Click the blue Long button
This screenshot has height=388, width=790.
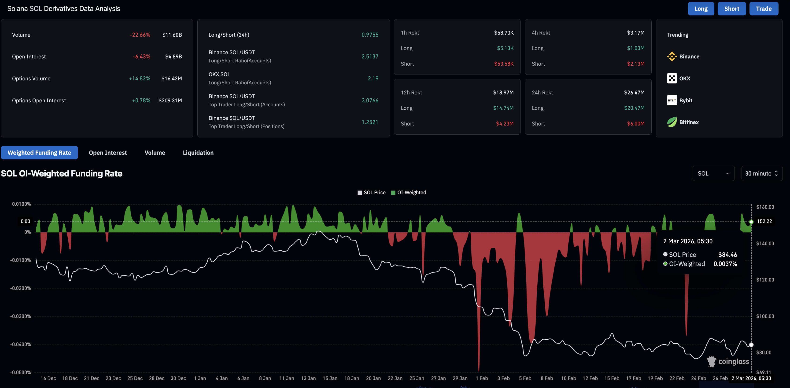[701, 9]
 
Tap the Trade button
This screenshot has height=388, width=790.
[764, 9]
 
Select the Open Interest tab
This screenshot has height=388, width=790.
[108, 152]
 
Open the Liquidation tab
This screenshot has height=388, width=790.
[198, 152]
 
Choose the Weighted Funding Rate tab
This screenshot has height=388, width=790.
[39, 152]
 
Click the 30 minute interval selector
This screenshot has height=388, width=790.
[761, 173]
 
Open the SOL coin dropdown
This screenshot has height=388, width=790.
[713, 173]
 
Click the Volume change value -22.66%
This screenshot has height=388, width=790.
[140, 35]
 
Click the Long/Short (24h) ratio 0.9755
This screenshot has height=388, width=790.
[370, 35]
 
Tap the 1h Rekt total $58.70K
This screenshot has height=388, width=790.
[504, 33]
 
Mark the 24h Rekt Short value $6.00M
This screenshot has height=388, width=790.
[635, 124]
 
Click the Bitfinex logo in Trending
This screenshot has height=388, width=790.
[672, 122]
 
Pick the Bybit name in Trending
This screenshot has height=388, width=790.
[686, 101]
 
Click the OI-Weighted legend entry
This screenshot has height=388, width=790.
[409, 193]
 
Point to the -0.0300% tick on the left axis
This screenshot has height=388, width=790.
[21, 316]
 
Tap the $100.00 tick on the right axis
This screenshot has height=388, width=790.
[765, 316]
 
